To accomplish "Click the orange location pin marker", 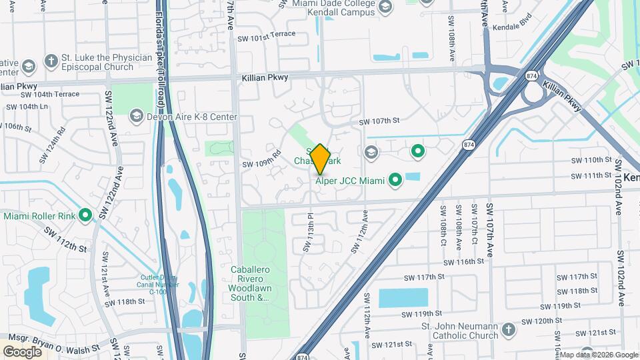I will point(321,159).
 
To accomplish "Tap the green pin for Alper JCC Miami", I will point(395,179).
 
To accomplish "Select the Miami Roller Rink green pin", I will point(85,215).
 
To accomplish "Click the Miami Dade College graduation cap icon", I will point(385,7).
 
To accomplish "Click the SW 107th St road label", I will point(379,121).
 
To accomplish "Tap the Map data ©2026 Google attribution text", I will point(599,355).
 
